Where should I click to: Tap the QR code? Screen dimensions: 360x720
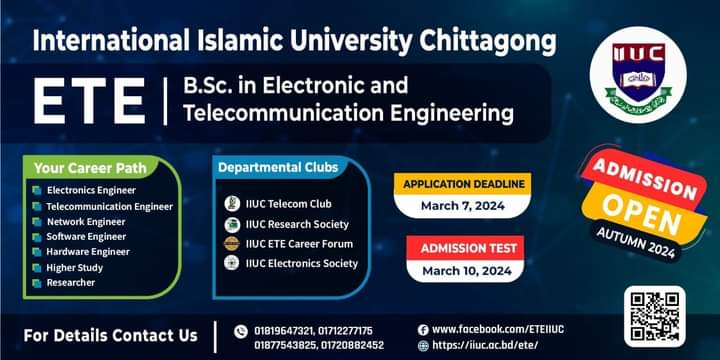[654, 316]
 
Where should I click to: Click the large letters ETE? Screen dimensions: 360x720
[89, 102]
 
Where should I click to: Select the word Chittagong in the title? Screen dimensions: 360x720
[484, 41]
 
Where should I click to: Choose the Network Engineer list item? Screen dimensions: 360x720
[86, 221]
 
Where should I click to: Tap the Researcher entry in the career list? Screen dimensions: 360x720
[71, 282]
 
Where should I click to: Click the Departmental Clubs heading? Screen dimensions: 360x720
[278, 167]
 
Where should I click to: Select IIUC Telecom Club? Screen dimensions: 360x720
[289, 204]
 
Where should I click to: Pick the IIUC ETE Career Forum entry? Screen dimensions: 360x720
[299, 244]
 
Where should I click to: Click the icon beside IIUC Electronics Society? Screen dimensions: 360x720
[232, 263]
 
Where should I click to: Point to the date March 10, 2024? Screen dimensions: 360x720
[466, 270]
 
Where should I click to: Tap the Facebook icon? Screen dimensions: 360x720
[423, 329]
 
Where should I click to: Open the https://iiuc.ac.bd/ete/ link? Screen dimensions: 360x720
[485, 345]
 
